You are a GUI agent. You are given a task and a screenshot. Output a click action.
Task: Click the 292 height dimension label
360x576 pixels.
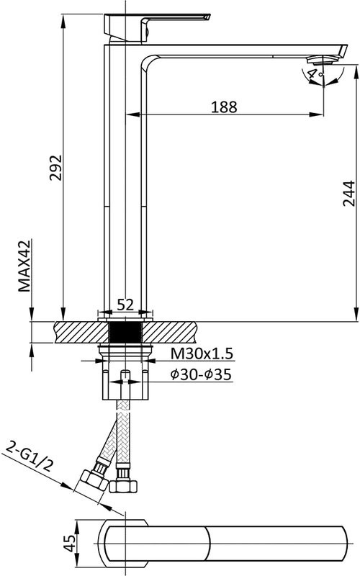(x=56, y=168)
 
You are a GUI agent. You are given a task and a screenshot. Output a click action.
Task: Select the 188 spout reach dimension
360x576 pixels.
(x=224, y=107)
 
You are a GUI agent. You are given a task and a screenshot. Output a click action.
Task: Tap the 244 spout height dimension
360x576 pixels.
(x=349, y=193)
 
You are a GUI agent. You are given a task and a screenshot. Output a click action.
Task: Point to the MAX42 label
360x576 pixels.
(x=25, y=266)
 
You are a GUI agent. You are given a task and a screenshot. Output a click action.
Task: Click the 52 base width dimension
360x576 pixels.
(x=125, y=305)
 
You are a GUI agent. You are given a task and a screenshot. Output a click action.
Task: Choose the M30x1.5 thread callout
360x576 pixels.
(x=202, y=354)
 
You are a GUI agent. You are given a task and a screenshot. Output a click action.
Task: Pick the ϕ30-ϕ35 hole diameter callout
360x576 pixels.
(x=201, y=374)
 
